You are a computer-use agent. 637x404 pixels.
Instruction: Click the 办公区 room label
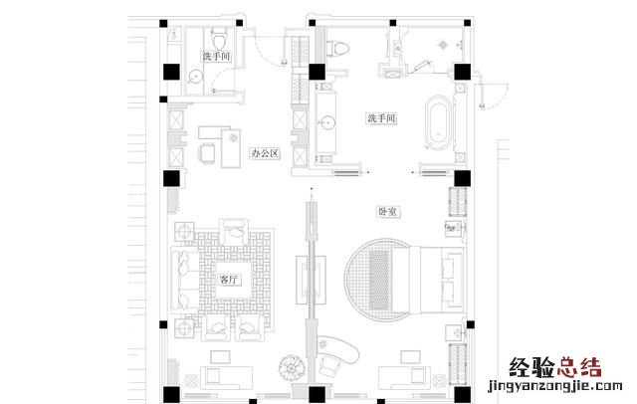point(266,153)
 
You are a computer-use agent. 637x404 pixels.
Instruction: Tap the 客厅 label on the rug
point(229,280)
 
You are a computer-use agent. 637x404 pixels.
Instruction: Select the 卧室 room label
point(388,212)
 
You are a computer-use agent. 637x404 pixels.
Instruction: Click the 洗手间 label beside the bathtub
point(381,118)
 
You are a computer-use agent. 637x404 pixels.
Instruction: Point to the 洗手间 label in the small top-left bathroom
point(217,56)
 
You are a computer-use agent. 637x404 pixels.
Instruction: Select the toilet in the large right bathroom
point(338,49)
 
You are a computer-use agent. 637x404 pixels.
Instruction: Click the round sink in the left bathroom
point(196,76)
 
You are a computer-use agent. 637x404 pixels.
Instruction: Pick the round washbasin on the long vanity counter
point(326,122)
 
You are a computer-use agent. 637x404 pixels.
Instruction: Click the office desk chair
point(207,153)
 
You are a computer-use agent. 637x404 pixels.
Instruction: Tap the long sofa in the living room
point(185,280)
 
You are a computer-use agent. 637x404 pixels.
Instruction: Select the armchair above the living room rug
point(234,232)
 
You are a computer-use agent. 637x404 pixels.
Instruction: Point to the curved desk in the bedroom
point(340,347)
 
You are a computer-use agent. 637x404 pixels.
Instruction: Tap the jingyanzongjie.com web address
point(555,386)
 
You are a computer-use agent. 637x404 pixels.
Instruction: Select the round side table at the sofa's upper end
point(184,232)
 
